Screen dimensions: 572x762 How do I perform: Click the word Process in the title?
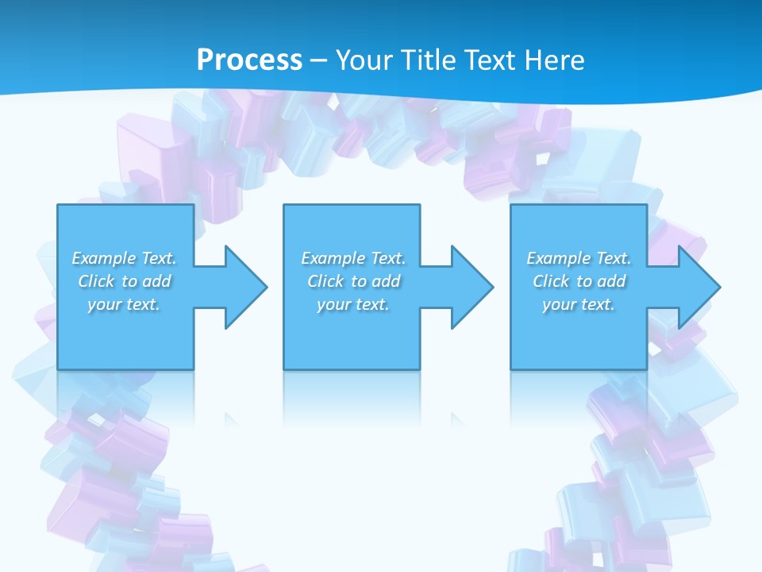249,60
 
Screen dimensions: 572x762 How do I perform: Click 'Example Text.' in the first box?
125,258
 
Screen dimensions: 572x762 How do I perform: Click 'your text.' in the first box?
125,304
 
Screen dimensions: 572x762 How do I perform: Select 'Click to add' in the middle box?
353,281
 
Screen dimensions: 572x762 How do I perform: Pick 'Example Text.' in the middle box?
353,258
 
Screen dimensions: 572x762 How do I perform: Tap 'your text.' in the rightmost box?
579,304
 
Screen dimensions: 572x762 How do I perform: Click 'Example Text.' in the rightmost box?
579,258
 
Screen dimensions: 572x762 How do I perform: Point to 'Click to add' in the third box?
579,281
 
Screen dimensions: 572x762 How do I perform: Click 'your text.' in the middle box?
353,304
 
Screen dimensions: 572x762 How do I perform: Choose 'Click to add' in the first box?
125,281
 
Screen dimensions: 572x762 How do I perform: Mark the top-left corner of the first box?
58,206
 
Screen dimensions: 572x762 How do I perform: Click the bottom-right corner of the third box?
646,369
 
